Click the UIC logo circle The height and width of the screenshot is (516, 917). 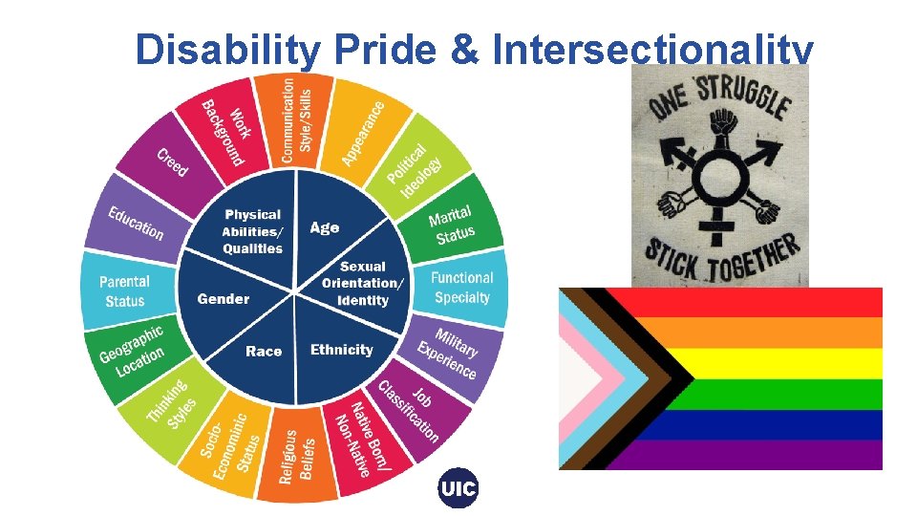click(458, 489)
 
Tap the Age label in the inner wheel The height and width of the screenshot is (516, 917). click(325, 227)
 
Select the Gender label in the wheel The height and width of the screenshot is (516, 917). click(224, 299)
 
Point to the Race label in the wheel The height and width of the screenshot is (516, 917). click(264, 351)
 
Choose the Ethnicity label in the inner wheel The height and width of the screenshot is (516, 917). click(341, 350)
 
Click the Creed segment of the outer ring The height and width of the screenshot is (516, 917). click(172, 162)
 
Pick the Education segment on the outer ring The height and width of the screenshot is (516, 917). click(135, 224)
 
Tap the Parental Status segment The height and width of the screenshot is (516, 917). click(125, 290)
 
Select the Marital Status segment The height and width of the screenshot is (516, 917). click(452, 226)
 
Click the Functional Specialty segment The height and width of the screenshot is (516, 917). click(461, 287)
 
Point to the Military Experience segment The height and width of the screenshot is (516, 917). click(448, 353)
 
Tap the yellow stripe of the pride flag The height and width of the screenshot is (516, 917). click(783, 363)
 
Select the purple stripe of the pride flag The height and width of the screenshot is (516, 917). click(783, 454)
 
